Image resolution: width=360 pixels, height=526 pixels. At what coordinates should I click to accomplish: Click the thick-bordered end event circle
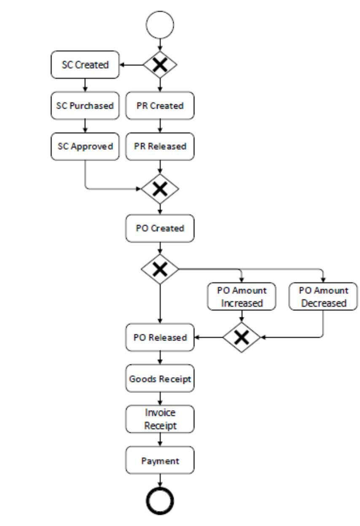[x=160, y=500]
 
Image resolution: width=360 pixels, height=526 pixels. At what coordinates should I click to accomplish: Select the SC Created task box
[x=85, y=65]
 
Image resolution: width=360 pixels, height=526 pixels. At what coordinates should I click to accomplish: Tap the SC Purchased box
[x=85, y=105]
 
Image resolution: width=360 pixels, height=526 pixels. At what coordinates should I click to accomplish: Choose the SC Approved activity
[x=85, y=146]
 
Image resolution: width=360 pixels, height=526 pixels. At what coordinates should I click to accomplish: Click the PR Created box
[x=160, y=105]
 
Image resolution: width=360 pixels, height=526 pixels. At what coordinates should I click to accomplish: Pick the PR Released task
[x=160, y=146]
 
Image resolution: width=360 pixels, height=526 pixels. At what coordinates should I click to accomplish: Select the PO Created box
[x=160, y=228]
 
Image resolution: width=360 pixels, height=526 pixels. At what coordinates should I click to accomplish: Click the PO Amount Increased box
[x=242, y=297]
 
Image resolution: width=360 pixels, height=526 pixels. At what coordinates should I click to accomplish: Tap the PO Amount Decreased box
[x=323, y=297]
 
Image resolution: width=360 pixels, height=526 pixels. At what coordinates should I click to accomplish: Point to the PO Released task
[x=160, y=337]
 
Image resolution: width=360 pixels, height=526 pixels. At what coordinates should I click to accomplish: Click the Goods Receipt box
[x=160, y=378]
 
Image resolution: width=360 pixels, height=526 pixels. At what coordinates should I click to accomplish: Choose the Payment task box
[x=160, y=460]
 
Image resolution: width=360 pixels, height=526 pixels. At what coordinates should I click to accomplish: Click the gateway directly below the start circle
[x=160, y=65]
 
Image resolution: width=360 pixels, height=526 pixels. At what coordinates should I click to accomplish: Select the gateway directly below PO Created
[x=160, y=269]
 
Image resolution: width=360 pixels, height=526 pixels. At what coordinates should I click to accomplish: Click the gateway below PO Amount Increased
[x=242, y=337]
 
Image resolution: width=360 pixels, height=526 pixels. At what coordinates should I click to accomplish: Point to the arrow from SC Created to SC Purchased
[x=85, y=85]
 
